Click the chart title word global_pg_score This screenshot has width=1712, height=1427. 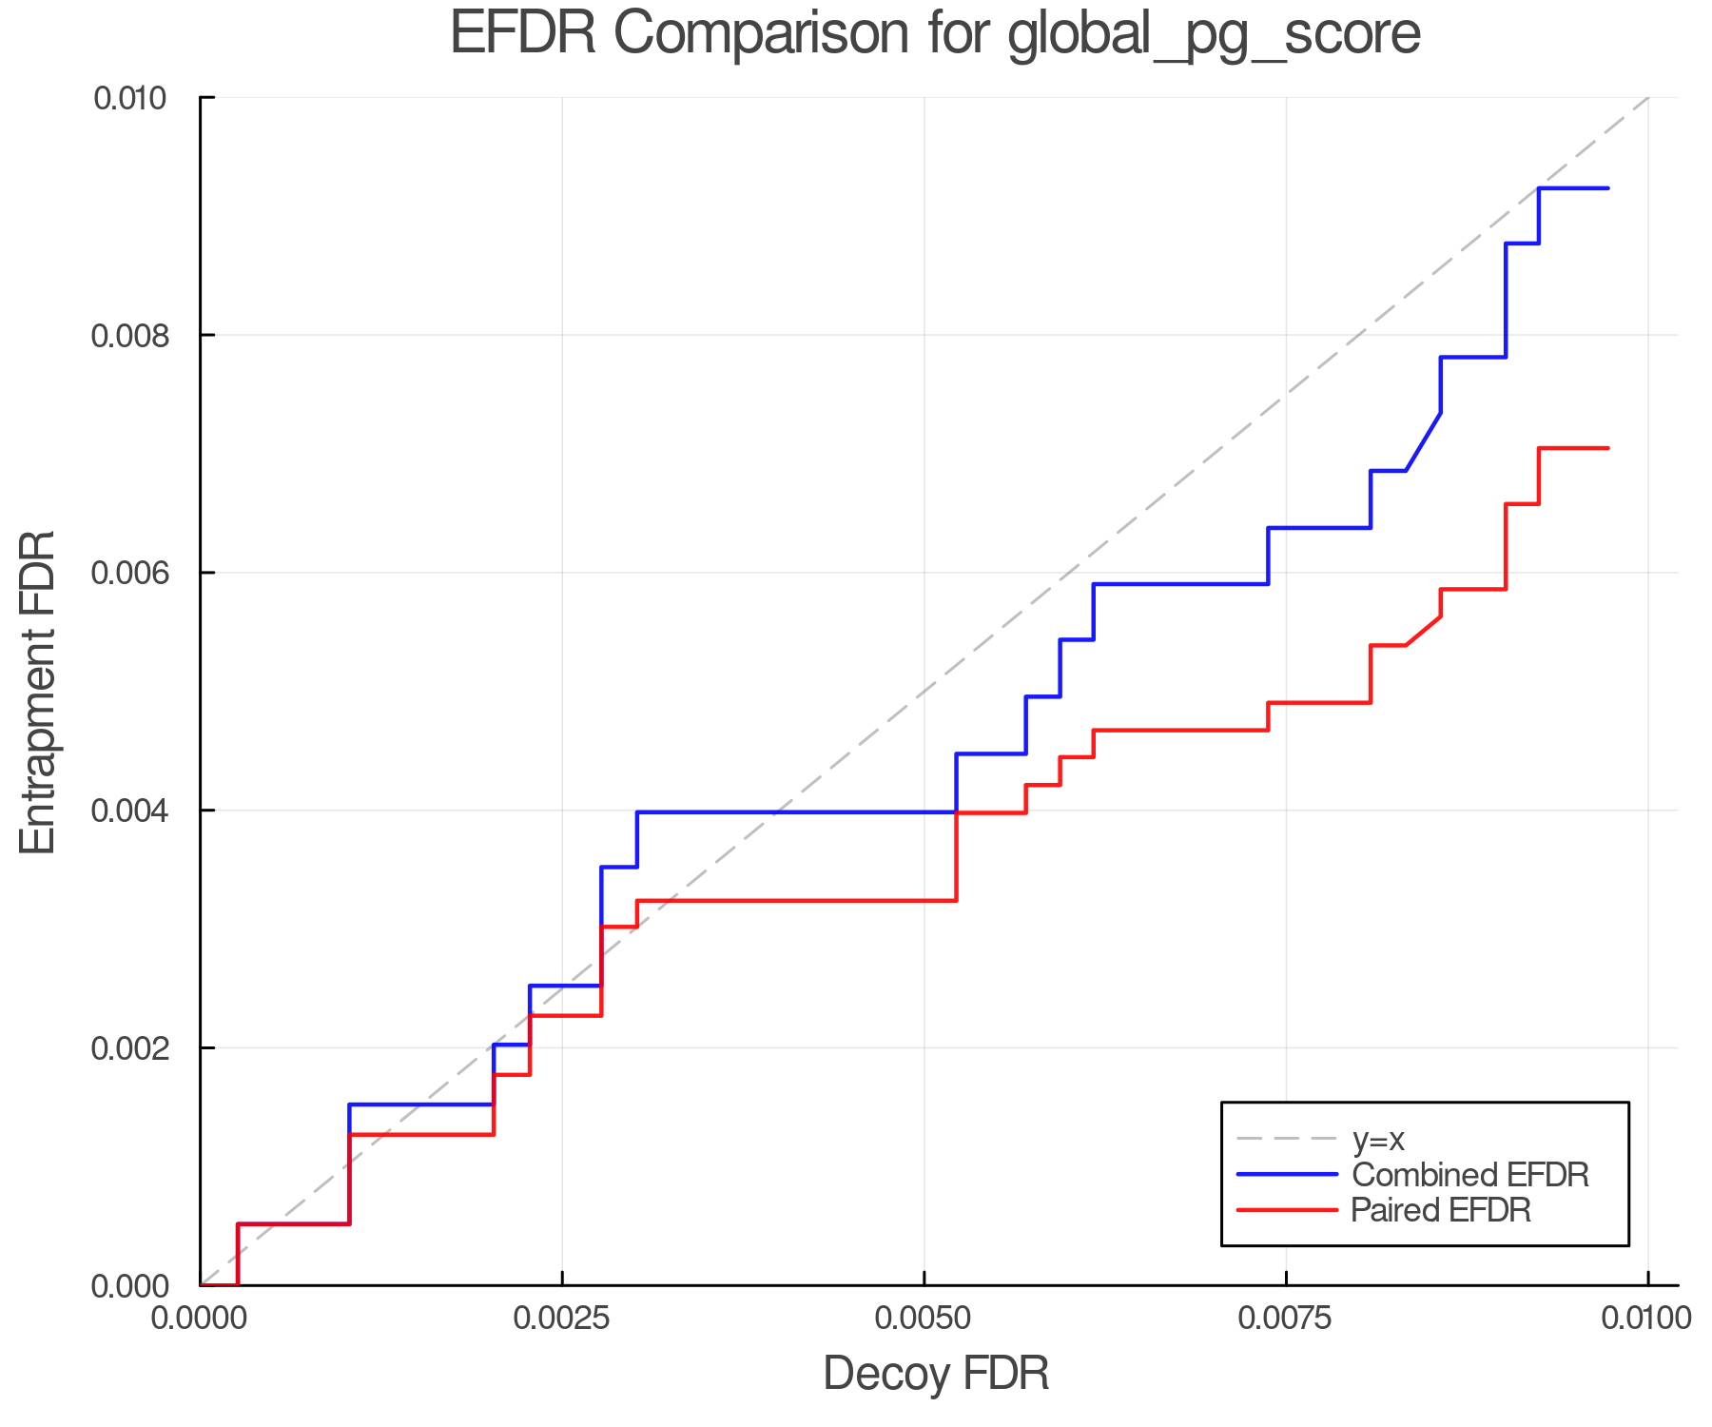1214,35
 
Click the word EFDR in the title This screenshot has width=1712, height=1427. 522,33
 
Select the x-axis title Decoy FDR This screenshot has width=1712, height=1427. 936,1373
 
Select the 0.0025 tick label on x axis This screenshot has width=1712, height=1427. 562,1319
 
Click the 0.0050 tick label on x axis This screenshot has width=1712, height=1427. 924,1319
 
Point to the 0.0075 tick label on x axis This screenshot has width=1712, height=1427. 1286,1319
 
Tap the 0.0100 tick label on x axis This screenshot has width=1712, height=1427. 1647,1319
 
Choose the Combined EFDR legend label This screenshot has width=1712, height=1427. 1470,1175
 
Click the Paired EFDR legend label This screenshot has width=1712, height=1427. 1442,1210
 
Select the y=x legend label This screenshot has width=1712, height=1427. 1378,1139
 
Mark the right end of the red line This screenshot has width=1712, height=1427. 1607,448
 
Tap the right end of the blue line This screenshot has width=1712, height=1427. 1607,188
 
